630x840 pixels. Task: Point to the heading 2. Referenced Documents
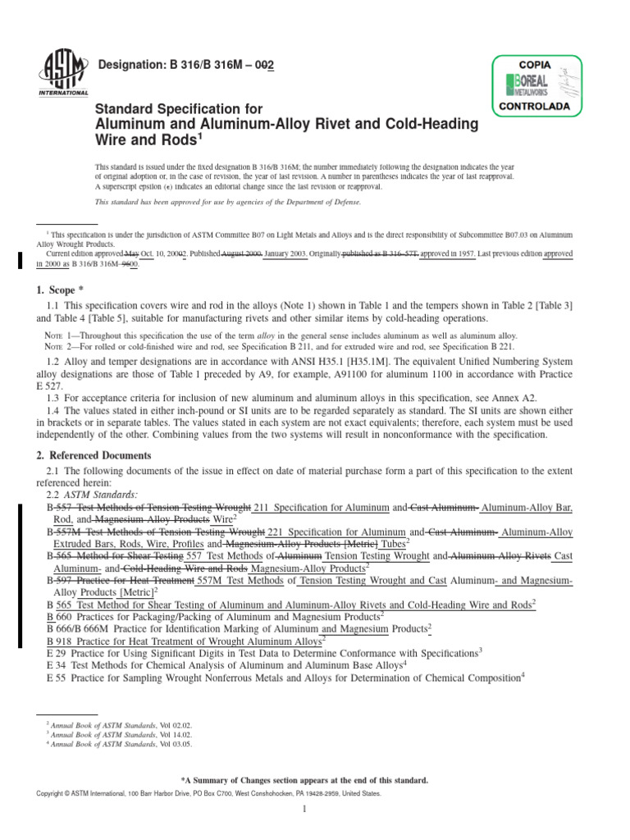(94, 455)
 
